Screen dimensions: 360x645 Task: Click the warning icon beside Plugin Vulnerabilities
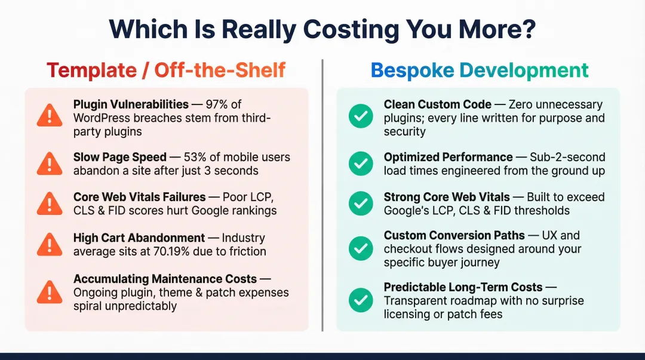(50, 115)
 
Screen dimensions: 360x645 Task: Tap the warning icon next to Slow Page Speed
(50, 163)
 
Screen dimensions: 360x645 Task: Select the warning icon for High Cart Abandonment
(50, 244)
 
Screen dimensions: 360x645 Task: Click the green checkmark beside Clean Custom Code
(361, 117)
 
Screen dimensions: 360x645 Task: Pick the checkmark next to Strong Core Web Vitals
(361, 204)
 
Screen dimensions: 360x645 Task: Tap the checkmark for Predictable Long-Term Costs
(361, 300)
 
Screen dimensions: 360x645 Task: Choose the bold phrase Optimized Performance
(448, 157)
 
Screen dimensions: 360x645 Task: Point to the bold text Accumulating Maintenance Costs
(165, 279)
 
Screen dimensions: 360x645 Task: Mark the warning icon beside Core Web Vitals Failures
(50, 204)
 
